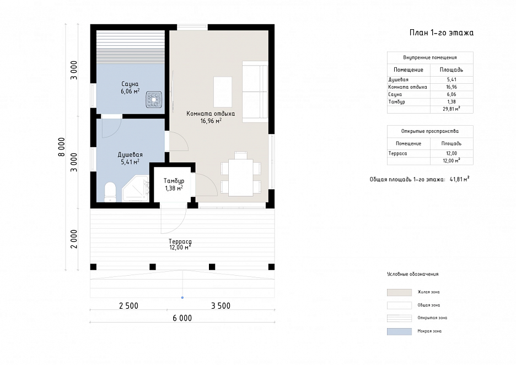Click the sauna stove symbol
[x=154, y=99]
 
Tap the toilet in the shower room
[x=110, y=192]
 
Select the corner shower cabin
[x=135, y=189]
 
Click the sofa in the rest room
[x=255, y=92]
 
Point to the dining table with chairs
[x=241, y=174]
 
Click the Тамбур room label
[x=174, y=181]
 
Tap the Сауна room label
[x=130, y=84]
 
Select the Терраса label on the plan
[x=180, y=241]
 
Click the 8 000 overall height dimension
[x=62, y=147]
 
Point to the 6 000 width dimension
[x=182, y=318]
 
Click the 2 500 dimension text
[x=128, y=306]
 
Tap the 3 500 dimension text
[x=221, y=306]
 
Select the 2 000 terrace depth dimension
[x=74, y=239]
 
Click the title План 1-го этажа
[x=442, y=33]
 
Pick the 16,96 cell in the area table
[x=452, y=87]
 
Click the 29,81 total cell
[x=451, y=109]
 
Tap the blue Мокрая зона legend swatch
[x=399, y=331]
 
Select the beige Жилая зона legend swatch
[x=399, y=292]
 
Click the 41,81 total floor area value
[x=459, y=179]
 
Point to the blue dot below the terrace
[x=182, y=298]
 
